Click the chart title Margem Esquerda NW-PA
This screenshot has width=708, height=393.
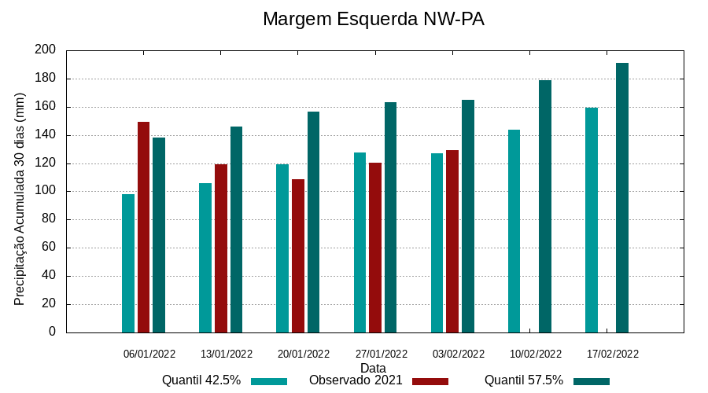tap(373, 19)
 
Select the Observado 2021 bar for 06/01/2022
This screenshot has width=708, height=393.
tap(143, 227)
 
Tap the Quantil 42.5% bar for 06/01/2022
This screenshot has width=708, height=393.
tap(128, 263)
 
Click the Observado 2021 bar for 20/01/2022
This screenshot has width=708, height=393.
tap(298, 255)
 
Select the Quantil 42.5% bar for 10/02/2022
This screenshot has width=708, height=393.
tap(514, 231)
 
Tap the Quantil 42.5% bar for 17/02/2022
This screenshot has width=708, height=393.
tap(592, 220)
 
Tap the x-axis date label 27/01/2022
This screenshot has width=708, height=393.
tap(381, 354)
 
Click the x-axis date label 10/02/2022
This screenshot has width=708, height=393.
tap(536, 354)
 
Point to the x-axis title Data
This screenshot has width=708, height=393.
tap(373, 368)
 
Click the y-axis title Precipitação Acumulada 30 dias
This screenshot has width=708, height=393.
tap(20, 199)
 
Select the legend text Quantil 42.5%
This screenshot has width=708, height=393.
tap(201, 380)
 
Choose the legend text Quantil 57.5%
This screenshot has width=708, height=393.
tap(524, 380)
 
